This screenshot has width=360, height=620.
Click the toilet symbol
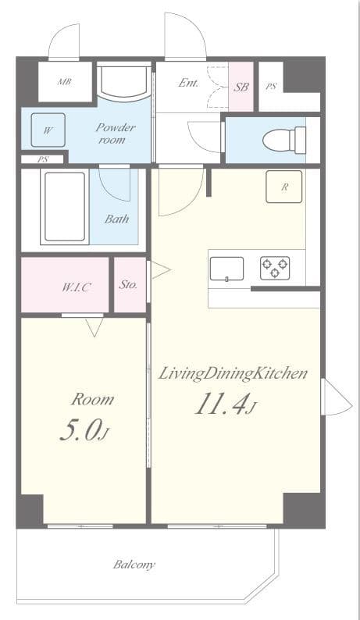point(284,140)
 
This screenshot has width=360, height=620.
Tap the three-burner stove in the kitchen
point(275,268)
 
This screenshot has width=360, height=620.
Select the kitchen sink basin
point(226,269)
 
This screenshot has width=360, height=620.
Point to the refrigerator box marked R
point(284,187)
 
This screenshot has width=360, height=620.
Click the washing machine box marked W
point(48,130)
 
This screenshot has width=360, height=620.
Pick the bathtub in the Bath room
point(65,206)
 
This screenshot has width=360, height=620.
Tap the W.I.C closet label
point(75,287)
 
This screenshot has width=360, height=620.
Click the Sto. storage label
point(128,284)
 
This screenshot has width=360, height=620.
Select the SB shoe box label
point(241,87)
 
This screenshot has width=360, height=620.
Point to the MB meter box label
point(65,82)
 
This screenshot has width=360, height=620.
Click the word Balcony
point(134,565)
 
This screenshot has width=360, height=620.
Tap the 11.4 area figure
point(226,404)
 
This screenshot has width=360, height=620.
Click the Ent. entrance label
point(188,83)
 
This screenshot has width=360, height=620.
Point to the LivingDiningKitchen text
point(233,374)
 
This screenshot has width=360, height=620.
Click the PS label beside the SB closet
point(271,87)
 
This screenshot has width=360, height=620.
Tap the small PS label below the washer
point(42,160)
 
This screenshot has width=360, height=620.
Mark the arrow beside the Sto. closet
point(161,271)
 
